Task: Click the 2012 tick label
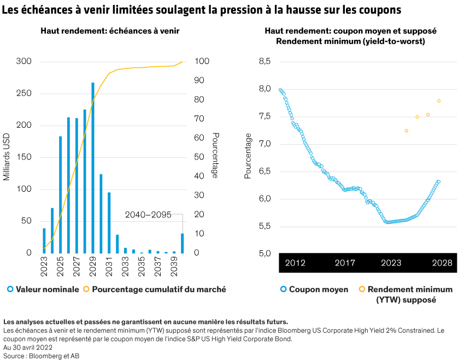tap(295, 263)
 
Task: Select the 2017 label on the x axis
tap(345, 263)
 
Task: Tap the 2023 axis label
tap(391, 263)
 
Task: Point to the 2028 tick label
tap(442, 263)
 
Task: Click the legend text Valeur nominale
tap(48, 289)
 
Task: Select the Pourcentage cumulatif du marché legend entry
tap(158, 289)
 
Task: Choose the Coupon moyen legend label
tap(318, 289)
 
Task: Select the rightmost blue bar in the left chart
tap(183, 243)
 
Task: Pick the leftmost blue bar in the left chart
tap(44, 240)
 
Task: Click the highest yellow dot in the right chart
tap(439, 101)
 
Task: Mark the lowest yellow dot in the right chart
tap(407, 131)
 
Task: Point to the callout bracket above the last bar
tap(178, 215)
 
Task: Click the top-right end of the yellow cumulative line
tap(182, 62)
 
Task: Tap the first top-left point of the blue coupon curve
tap(280, 90)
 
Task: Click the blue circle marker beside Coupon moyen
tap(283, 289)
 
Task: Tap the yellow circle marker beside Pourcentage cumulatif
tap(87, 289)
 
